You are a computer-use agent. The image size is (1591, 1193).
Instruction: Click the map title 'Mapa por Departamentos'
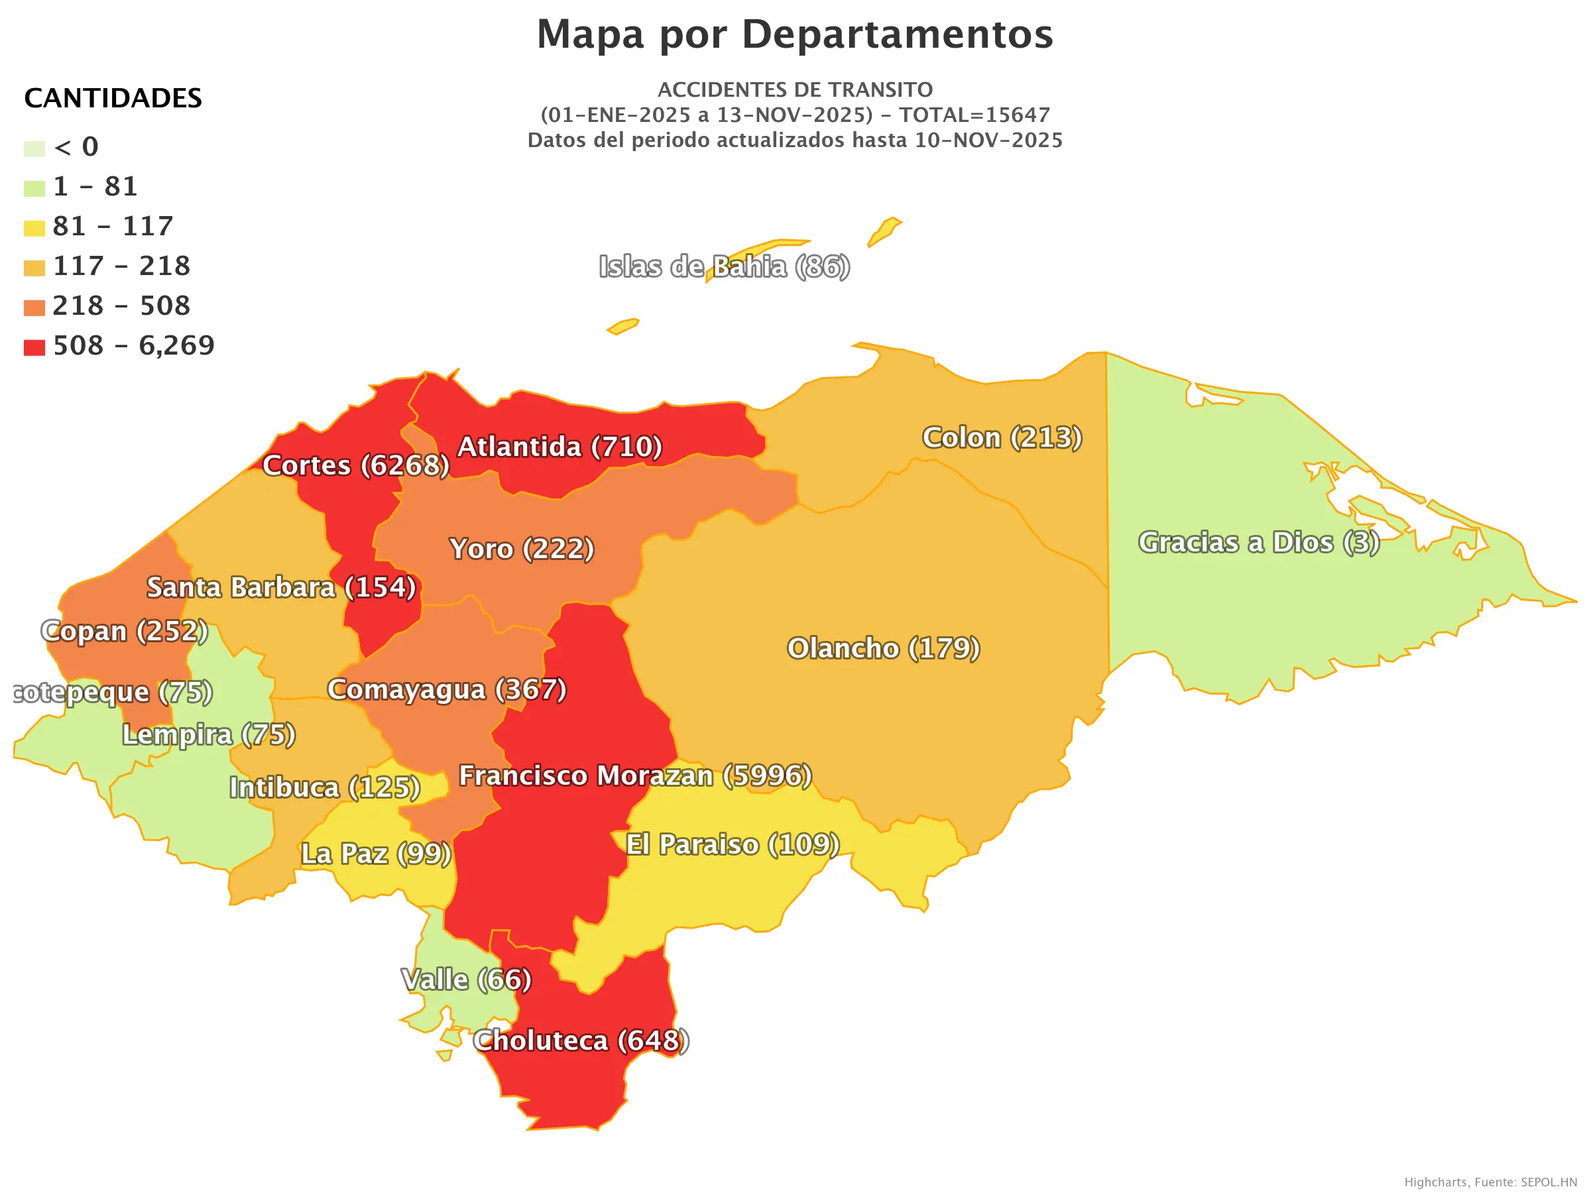click(795, 34)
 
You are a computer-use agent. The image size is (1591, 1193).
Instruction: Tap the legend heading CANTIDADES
click(113, 99)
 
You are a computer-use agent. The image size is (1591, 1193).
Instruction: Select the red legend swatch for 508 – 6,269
click(34, 348)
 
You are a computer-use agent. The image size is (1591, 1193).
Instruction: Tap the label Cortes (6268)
click(356, 465)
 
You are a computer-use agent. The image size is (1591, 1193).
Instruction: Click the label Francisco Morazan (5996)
click(635, 776)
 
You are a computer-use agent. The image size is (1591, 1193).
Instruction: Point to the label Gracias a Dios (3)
click(1259, 542)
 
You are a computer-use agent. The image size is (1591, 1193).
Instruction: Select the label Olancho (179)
click(883, 648)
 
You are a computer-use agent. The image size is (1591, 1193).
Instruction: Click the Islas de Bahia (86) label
click(725, 267)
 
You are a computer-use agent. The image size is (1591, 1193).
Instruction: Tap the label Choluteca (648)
click(581, 1041)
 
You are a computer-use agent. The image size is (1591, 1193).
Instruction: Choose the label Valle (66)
click(466, 980)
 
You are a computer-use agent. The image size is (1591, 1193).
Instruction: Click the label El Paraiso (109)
click(733, 844)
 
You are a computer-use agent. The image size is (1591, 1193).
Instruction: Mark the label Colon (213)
click(1002, 437)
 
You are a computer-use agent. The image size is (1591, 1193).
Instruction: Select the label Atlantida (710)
click(560, 447)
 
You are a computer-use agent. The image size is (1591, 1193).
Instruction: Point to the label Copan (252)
click(125, 631)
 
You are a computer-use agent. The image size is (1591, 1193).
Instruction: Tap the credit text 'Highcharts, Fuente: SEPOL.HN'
click(1490, 1182)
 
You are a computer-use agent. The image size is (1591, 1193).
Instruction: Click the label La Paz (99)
click(375, 854)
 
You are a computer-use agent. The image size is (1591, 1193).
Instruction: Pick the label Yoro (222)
click(522, 549)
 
